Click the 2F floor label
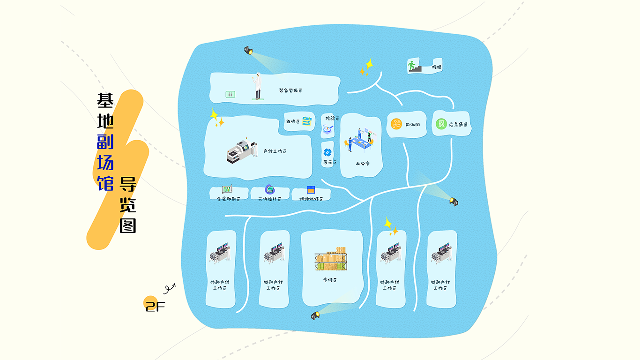(155, 307)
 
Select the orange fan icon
(396, 124)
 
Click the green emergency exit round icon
(440, 124)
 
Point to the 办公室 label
(363, 164)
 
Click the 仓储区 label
(330, 280)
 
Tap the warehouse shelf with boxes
(331, 259)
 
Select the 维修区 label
(292, 122)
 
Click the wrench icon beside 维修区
(307, 121)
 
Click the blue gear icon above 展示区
(328, 152)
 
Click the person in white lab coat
(258, 86)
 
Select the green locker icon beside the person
(230, 94)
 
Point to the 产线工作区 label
(275, 151)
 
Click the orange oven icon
(310, 190)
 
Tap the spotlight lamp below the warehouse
(315, 315)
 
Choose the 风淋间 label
(412, 125)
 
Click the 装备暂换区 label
(290, 90)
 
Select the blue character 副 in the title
(105, 141)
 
